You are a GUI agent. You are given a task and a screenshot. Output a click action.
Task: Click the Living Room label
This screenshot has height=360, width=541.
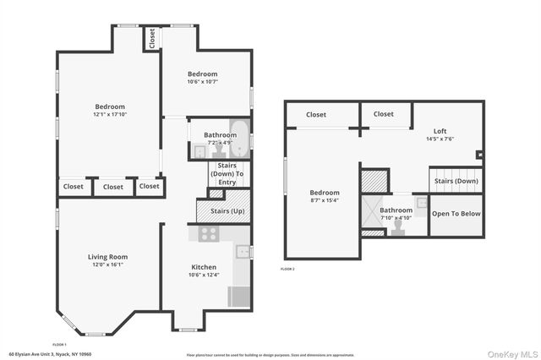[x=107, y=256]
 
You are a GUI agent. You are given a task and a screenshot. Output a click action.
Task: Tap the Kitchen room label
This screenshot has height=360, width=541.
[x=204, y=266]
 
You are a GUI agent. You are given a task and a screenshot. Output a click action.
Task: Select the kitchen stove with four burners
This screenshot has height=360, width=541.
[x=209, y=233]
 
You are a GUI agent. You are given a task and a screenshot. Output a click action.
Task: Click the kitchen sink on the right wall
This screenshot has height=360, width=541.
[x=243, y=251]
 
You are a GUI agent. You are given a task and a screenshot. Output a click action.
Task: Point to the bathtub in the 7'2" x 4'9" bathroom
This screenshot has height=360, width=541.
[x=239, y=139]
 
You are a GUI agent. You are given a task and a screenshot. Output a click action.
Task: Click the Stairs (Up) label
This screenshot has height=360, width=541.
[x=227, y=211]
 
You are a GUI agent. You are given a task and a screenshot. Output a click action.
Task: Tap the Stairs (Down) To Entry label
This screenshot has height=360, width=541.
[x=227, y=173]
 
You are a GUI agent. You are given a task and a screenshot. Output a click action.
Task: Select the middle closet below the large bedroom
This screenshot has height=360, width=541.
[x=113, y=187]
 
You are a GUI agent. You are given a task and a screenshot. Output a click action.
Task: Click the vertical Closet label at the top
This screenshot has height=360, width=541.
[x=152, y=38]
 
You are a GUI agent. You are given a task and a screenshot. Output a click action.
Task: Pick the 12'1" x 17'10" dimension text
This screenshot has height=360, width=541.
[x=110, y=114]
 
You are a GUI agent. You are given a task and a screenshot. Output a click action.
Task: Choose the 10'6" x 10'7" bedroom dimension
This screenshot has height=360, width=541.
[x=203, y=82]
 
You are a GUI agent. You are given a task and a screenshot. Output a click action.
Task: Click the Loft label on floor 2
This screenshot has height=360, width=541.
[x=440, y=131]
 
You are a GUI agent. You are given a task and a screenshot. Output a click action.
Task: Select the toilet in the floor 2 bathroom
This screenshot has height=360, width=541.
[x=396, y=226]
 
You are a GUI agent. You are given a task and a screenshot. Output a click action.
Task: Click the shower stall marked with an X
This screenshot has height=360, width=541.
[x=374, y=214]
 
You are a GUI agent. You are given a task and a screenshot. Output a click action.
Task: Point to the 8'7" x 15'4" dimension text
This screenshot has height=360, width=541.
[x=325, y=200]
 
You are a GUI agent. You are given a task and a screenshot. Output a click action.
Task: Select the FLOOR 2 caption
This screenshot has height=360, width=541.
[x=287, y=269]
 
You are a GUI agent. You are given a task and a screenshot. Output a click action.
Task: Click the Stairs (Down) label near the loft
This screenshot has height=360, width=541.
[x=456, y=181]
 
